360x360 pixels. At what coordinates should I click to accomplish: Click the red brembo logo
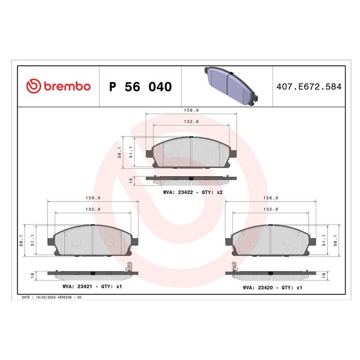click(58, 86)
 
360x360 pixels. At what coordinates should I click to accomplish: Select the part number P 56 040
click(140, 87)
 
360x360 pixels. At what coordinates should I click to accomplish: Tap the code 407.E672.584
click(309, 86)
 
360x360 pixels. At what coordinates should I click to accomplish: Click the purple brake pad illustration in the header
click(231, 86)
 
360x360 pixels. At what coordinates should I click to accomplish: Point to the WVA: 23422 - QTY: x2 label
click(193, 192)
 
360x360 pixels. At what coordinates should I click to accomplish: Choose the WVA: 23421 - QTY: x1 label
click(92, 286)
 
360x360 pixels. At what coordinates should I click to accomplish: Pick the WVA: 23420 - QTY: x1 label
click(273, 287)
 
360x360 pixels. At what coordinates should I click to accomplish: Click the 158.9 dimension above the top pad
click(191, 110)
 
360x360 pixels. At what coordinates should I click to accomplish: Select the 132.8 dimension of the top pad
click(191, 121)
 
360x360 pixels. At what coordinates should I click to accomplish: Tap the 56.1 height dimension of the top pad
click(119, 152)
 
